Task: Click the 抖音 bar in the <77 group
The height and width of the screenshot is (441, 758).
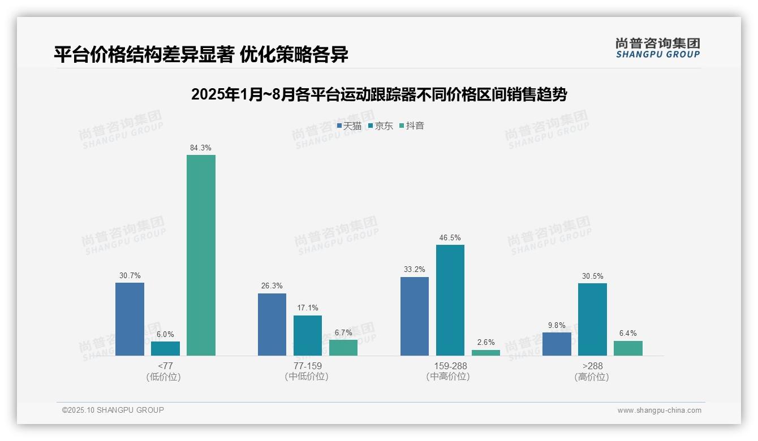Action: point(201,255)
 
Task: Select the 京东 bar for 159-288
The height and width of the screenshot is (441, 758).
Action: point(450,300)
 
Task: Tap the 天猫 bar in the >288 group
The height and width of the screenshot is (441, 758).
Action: point(557,344)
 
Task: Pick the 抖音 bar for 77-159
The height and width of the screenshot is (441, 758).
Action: point(343,347)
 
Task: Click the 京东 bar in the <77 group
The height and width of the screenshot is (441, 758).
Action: point(165,348)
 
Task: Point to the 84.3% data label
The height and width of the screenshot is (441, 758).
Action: point(201,148)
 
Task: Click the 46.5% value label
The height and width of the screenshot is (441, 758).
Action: point(450,238)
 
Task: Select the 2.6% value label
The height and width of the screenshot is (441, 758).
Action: point(486,342)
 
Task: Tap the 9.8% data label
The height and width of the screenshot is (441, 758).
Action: point(557,325)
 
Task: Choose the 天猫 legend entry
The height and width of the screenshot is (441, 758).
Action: point(349,126)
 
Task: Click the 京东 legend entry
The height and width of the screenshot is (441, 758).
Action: point(381,126)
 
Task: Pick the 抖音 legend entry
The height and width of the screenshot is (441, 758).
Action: point(412,126)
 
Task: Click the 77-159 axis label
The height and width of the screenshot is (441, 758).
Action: point(307,366)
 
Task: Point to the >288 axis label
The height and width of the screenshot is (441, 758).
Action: point(592,366)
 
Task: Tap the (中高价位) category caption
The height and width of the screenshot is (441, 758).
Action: point(448,377)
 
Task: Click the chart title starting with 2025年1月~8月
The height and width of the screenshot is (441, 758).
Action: point(379,94)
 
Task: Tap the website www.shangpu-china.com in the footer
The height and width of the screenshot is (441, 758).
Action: point(659,410)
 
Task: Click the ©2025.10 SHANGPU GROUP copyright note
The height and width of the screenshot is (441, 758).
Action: point(113,410)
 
